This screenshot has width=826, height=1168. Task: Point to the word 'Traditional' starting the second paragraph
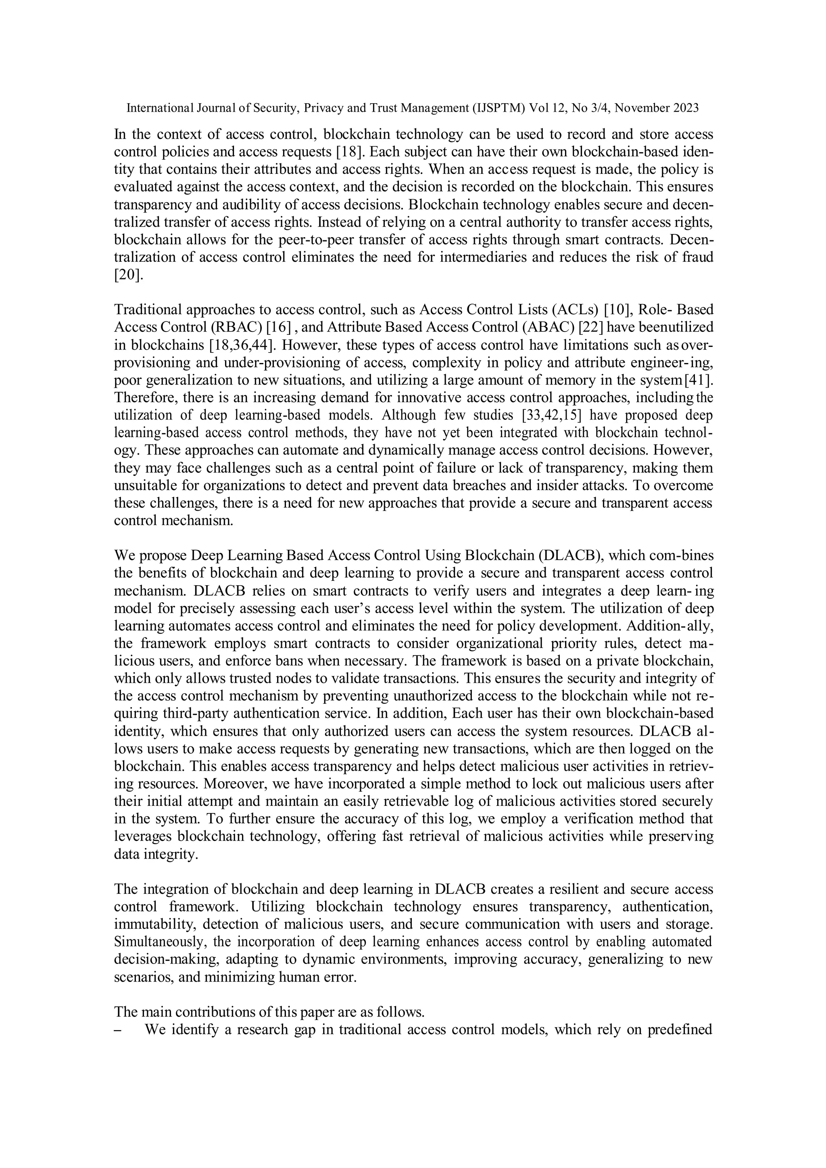(148, 309)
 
